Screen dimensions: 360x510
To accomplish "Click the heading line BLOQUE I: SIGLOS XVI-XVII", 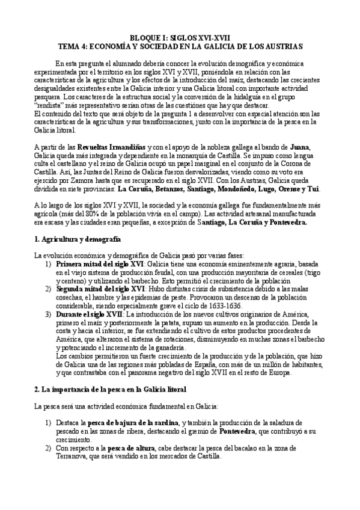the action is pyautogui.click(x=180, y=37).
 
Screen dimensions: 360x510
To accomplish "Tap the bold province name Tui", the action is pyautogui.click(x=329, y=187).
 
